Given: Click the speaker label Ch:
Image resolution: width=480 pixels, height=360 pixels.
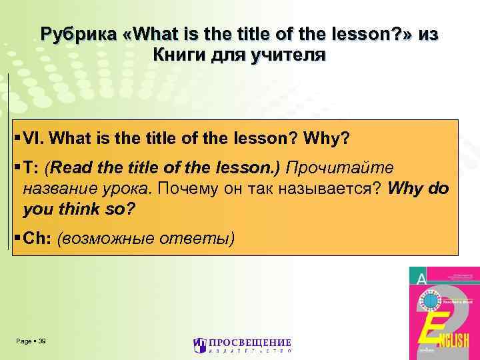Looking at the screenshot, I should click(37, 238).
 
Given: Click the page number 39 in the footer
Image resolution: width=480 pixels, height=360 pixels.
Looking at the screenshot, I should click(42, 341).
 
